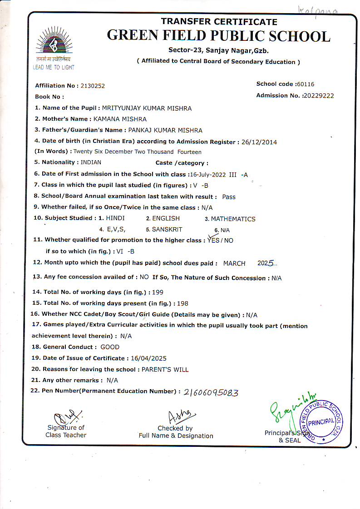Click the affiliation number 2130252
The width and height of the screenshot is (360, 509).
coord(93,86)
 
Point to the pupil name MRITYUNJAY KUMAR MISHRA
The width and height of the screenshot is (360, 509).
coord(147,108)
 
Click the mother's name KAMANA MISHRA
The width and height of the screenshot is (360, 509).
coord(120,119)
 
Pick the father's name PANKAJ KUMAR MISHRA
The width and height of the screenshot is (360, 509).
coord(166,130)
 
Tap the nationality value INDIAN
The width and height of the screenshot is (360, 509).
coord(91,162)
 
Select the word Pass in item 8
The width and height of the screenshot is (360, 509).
coord(229,197)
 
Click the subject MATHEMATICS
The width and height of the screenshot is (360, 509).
coord(233,219)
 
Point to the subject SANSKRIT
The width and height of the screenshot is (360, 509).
coord(167,230)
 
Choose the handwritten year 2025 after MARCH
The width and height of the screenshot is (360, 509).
coord(266,263)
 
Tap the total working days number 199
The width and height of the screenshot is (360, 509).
coord(158,293)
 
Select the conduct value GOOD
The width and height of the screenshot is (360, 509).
coord(110,347)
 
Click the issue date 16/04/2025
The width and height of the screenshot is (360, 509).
coord(149,358)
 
